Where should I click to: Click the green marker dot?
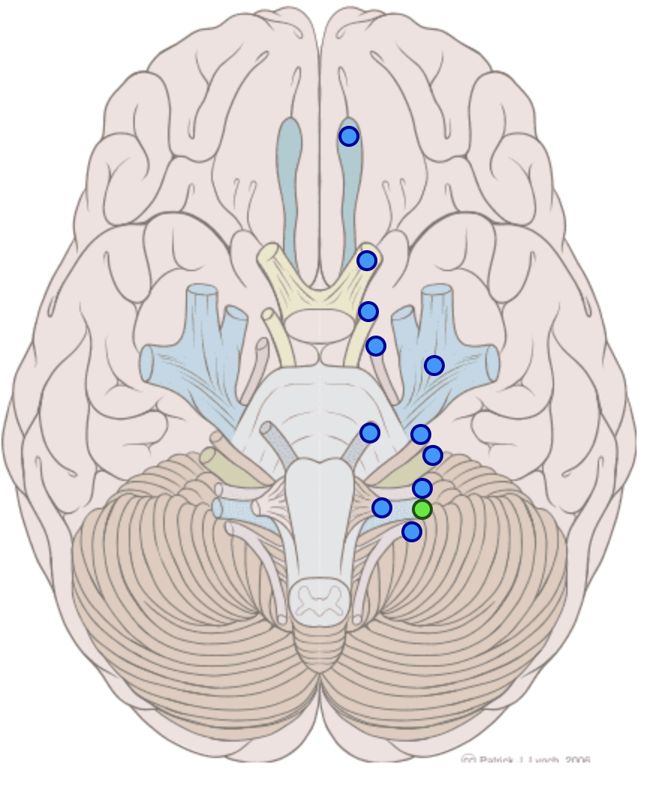[422, 509]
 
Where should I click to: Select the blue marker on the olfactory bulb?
[349, 136]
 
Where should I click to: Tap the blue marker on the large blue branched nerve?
[434, 366]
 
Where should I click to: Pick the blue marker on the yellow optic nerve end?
[366, 261]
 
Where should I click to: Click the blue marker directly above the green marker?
[422, 488]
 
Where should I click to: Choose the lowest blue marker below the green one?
[411, 532]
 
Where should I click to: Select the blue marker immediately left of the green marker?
[382, 508]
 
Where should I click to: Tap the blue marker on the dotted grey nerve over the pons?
[370, 433]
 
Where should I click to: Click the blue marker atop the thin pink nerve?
[376, 346]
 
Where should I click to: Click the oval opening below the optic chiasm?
[321, 324]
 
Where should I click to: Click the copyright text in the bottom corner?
[526, 760]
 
